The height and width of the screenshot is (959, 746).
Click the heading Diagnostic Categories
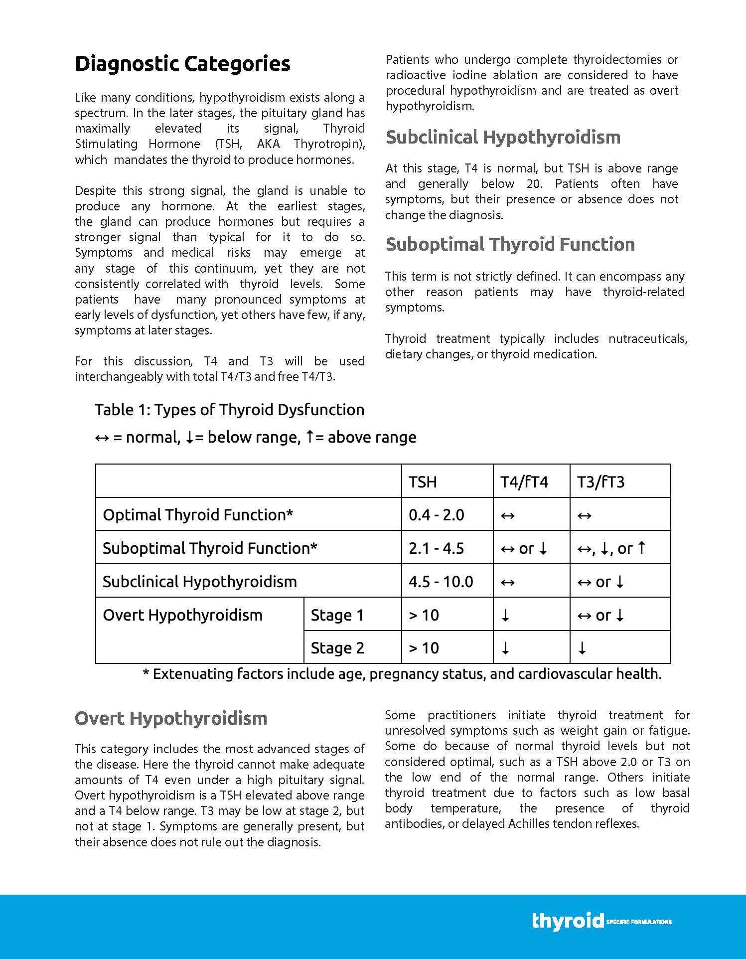(182, 64)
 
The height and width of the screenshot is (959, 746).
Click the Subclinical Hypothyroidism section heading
(503, 137)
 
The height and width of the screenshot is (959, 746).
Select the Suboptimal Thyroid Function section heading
(510, 244)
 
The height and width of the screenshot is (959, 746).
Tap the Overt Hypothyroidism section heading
(171, 718)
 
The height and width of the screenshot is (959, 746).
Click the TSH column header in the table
(423, 482)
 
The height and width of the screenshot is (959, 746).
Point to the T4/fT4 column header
(524, 482)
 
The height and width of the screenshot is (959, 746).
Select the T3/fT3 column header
(600, 482)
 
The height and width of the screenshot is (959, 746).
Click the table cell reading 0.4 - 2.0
(437, 515)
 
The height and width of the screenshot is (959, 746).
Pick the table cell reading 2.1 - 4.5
(437, 548)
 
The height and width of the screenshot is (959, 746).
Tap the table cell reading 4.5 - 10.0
(441, 582)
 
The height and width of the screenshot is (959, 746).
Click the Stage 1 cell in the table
(337, 615)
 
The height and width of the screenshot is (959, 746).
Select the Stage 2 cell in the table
(337, 648)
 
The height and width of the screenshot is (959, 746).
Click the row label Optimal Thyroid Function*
(198, 515)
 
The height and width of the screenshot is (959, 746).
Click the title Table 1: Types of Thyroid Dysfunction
(230, 410)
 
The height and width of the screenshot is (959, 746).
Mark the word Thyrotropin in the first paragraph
(327, 144)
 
